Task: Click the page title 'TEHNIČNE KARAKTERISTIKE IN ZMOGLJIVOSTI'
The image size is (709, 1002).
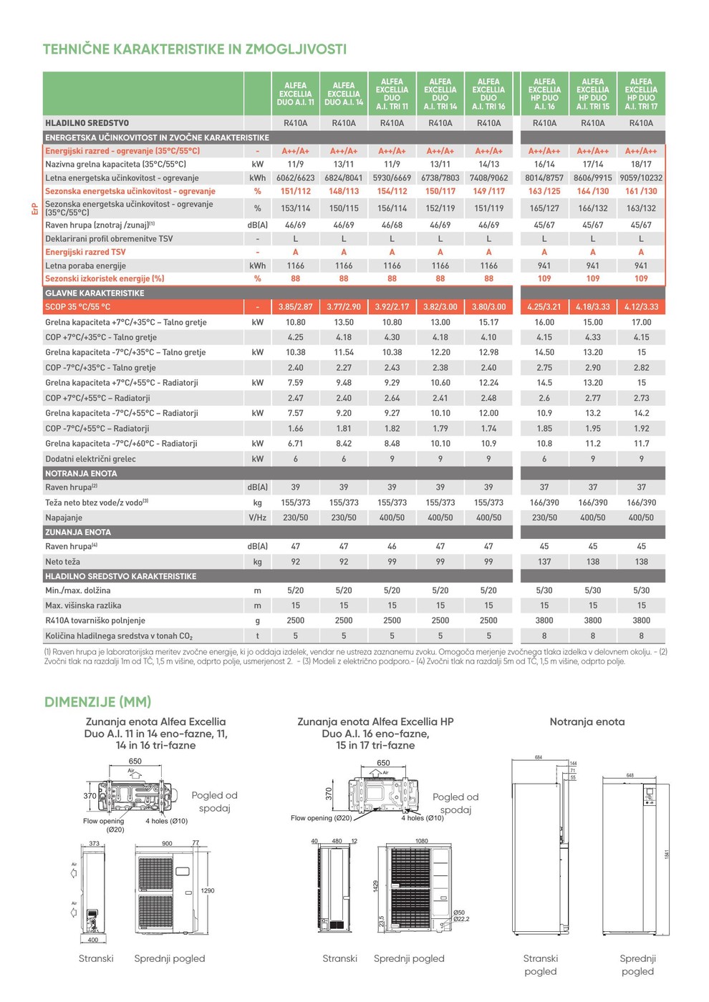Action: tap(194, 49)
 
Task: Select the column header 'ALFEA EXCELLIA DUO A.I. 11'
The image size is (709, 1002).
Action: tap(295, 94)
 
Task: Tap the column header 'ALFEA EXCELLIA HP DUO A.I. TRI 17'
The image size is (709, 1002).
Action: tap(641, 94)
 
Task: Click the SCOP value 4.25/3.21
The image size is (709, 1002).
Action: tap(544, 307)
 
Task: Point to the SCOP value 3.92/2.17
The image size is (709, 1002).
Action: tap(392, 307)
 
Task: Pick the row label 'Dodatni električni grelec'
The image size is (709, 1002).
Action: tap(90, 459)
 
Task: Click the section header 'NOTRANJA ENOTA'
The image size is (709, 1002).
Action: tap(81, 474)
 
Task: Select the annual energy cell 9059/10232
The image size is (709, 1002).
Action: tap(641, 178)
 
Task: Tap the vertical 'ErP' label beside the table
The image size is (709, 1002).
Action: tap(34, 209)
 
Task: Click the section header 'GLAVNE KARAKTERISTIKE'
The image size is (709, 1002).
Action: tap(95, 293)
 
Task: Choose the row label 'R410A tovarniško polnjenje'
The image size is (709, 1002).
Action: tap(95, 621)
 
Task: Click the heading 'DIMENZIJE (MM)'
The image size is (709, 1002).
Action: tap(97, 702)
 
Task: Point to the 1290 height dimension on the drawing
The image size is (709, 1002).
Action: tap(208, 891)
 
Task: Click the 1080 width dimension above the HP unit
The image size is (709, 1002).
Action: tap(421, 841)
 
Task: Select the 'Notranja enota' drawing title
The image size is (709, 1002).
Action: tap(587, 722)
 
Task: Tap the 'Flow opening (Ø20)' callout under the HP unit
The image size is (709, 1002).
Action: tap(322, 818)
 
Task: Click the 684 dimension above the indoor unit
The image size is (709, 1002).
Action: tap(539, 757)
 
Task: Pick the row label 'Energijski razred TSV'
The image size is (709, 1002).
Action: tap(85, 252)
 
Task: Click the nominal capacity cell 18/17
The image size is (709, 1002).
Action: tap(641, 165)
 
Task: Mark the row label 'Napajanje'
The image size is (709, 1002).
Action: tap(64, 517)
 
